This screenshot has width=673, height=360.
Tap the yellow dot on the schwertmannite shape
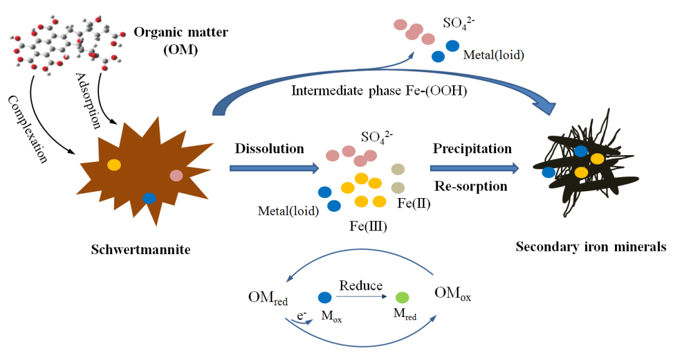point(114,165)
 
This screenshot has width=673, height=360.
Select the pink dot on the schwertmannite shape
point(176,176)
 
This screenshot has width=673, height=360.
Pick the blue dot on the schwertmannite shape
point(149,198)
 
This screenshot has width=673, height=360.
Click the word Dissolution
point(269,149)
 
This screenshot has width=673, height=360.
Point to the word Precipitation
point(472,149)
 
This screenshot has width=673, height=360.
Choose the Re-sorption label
point(470,186)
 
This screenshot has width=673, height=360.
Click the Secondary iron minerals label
point(591,247)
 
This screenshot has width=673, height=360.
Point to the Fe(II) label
point(414,203)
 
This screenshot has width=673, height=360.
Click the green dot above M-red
point(403,298)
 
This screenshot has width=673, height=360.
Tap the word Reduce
point(360,286)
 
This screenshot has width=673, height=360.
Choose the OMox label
point(452,295)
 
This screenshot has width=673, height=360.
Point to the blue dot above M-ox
point(325,298)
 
